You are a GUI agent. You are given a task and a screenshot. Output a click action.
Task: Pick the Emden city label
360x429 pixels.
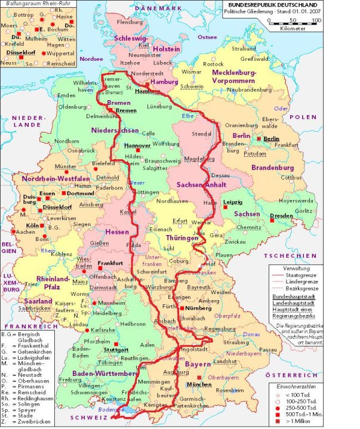[66, 95]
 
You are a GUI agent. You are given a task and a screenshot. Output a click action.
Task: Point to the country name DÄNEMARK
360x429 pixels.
[157, 7]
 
